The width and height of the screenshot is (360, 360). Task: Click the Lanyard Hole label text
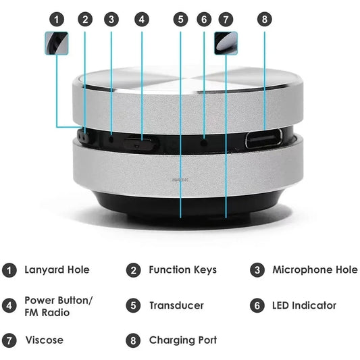tap(57, 269)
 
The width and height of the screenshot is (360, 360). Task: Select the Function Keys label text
tap(182, 269)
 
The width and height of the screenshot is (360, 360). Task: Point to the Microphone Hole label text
tap(315, 269)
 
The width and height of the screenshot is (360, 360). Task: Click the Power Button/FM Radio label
tap(59, 306)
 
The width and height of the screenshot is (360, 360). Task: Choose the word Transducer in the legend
tap(176, 306)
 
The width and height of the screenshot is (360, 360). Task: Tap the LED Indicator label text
tap(304, 306)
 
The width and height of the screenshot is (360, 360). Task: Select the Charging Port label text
tap(182, 340)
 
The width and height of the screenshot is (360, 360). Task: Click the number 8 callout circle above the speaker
tap(264, 19)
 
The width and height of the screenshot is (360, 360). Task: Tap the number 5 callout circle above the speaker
tap(180, 19)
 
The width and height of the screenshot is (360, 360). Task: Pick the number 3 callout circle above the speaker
tap(111, 19)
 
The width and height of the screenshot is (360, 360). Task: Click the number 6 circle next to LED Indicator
tap(257, 306)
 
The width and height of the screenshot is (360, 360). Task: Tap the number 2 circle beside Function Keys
tap(134, 270)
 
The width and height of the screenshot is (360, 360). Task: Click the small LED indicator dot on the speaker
tap(204, 143)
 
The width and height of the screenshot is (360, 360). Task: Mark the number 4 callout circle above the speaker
tap(141, 19)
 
